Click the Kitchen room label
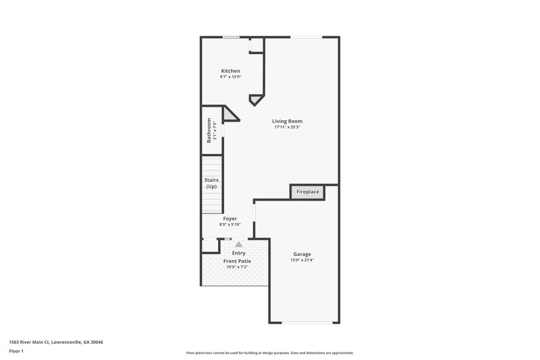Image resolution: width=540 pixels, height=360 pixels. pos(231,71)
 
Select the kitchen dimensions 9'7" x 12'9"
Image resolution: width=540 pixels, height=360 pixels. pos(231,77)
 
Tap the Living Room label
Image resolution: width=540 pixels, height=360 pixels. pos(287,121)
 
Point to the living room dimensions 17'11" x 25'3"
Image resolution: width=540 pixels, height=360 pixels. pos(287,127)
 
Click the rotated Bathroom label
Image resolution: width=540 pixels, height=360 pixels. pos(209,130)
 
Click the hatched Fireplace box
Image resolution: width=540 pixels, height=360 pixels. pos(308,192)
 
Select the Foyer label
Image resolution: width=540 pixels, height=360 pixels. pos(230,219)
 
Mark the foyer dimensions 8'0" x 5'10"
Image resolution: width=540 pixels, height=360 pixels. pos(230,224)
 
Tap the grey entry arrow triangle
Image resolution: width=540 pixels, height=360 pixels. pos(238,245)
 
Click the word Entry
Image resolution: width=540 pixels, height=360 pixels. pos(238,253)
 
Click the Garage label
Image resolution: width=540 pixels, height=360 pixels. pos(302,254)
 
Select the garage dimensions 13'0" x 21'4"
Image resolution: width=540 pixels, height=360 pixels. pos(302,260)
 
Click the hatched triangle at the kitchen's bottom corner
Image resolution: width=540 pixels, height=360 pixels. pos(255,100)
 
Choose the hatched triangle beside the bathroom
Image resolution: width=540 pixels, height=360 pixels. pos(231,116)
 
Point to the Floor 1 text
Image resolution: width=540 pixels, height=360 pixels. pos(16,352)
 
